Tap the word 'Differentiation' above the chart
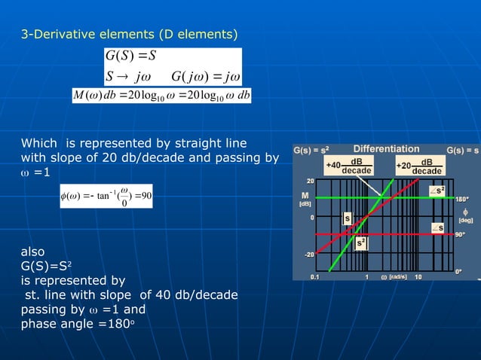pyautogui.click(x=386, y=148)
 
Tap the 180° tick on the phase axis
pyautogui.click(x=458, y=199)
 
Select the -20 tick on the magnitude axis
pyautogui.click(x=309, y=254)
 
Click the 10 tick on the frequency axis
pyautogui.click(x=418, y=276)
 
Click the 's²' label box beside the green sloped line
pyautogui.click(x=362, y=243)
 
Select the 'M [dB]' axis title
pyautogui.click(x=305, y=199)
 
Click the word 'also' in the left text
pyautogui.click(x=32, y=252)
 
